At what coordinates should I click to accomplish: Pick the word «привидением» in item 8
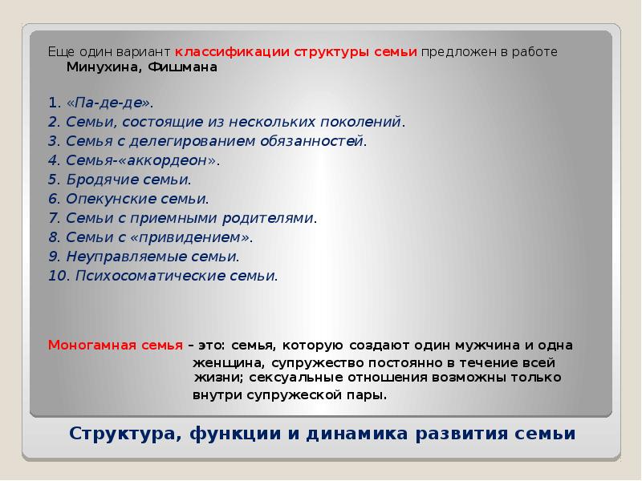[x=201, y=236]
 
